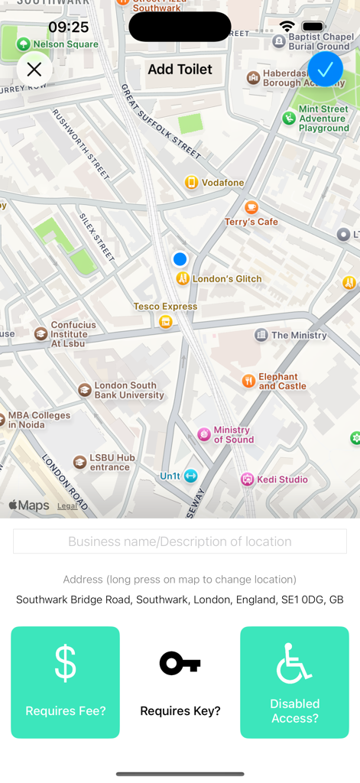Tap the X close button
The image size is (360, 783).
(34, 70)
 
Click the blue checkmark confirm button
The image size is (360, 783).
(325, 69)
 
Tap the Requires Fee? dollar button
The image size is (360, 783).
(65, 682)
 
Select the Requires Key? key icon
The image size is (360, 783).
(180, 664)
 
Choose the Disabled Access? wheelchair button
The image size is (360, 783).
(294, 682)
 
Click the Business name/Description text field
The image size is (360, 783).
(180, 541)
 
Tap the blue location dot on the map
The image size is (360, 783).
(180, 259)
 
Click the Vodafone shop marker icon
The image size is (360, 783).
(191, 182)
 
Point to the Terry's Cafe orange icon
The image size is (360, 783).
(251, 207)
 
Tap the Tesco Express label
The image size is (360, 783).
(165, 307)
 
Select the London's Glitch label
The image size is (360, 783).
(227, 279)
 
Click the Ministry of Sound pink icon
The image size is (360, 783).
(204, 434)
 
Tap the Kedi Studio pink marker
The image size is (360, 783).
(247, 479)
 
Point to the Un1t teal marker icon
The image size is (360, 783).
(190, 476)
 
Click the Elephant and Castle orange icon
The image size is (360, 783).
(248, 381)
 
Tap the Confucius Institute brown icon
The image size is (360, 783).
(41, 333)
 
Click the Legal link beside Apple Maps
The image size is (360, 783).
(67, 505)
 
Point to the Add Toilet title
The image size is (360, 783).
(180, 70)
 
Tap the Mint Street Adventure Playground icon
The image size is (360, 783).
(289, 118)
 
